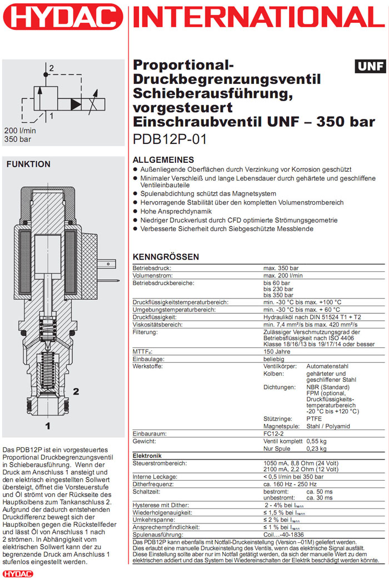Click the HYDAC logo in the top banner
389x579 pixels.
tap(63, 16)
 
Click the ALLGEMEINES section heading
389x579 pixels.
tap(163, 159)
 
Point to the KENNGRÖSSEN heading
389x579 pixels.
tap(166, 257)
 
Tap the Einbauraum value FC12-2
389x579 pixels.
tap(274, 433)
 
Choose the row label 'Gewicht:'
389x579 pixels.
tap(146, 441)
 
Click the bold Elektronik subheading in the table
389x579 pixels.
tap(147, 455)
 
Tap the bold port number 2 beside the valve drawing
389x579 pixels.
tap(76, 391)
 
